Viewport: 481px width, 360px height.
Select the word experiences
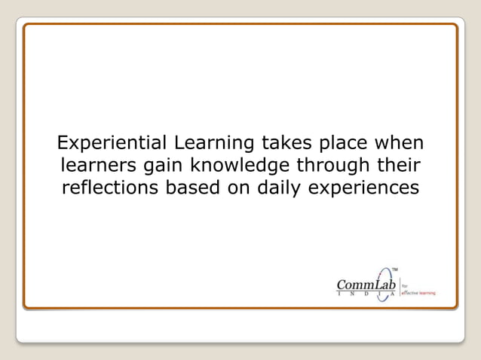[x=363, y=188]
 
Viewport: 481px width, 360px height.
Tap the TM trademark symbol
[x=395, y=268]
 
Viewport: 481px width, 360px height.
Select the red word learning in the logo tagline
[x=426, y=292]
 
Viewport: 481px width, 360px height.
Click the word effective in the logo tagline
[x=409, y=292]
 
